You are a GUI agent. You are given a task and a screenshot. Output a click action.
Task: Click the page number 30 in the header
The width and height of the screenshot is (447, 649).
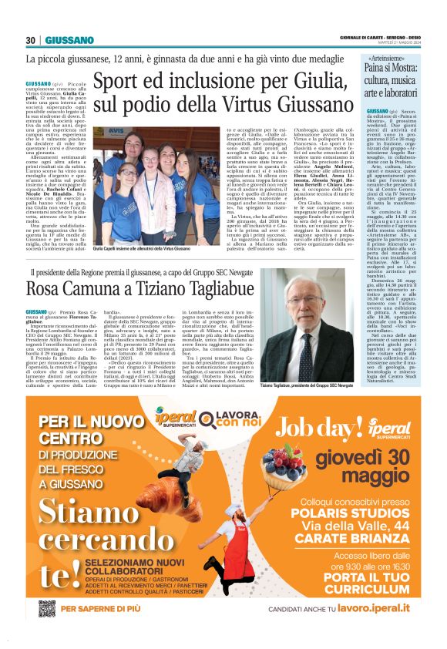point(30,40)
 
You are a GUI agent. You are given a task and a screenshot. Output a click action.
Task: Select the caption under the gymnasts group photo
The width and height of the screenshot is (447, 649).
point(141,250)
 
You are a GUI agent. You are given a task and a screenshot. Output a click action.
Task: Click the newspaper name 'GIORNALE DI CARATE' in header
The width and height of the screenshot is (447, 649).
point(368,37)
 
